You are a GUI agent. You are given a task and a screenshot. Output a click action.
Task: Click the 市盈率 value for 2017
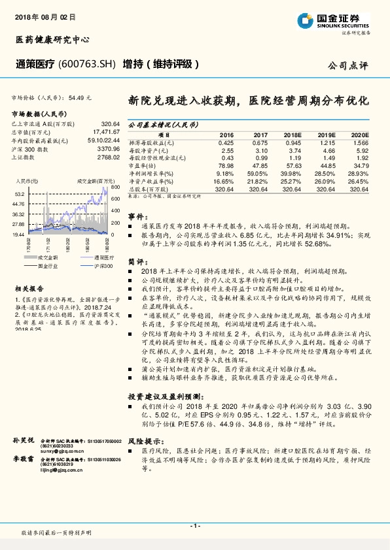pos(260,167)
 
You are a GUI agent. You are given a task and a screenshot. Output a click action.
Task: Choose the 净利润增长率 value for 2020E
pos(359,174)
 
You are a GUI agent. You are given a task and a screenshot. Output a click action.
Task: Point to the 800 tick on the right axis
pos(114,187)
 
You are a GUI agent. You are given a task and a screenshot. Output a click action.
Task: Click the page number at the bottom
pos(195,525)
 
